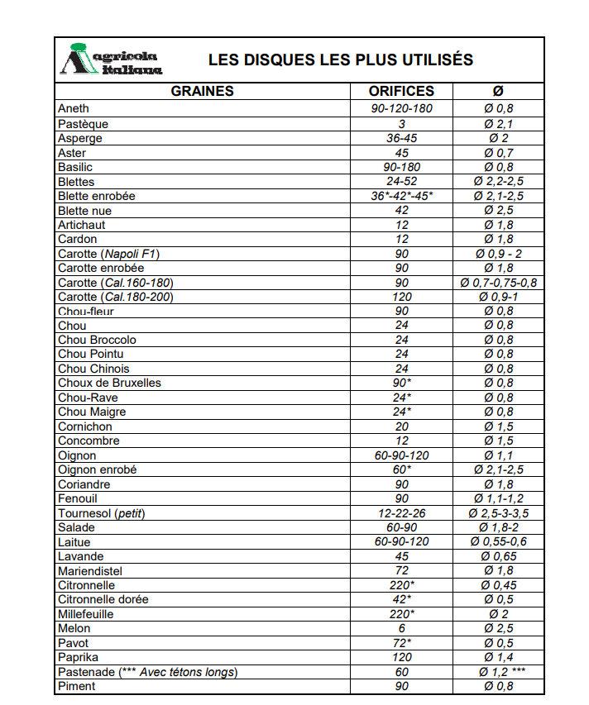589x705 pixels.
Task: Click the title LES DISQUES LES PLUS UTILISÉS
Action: click(340, 60)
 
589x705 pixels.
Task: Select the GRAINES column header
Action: click(202, 91)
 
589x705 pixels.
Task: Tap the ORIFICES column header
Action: click(401, 91)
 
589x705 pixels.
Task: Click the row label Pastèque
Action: click(83, 124)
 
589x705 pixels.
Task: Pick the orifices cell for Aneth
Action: click(401, 109)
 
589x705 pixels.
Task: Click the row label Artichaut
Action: click(81, 225)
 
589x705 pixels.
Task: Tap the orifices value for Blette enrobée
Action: click(401, 196)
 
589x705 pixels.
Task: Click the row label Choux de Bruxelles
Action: click(109, 383)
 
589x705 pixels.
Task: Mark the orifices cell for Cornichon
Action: click(401, 426)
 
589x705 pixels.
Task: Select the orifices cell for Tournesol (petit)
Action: click(401, 513)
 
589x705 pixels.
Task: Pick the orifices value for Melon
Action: click(401, 629)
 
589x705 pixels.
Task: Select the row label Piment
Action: click(76, 686)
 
